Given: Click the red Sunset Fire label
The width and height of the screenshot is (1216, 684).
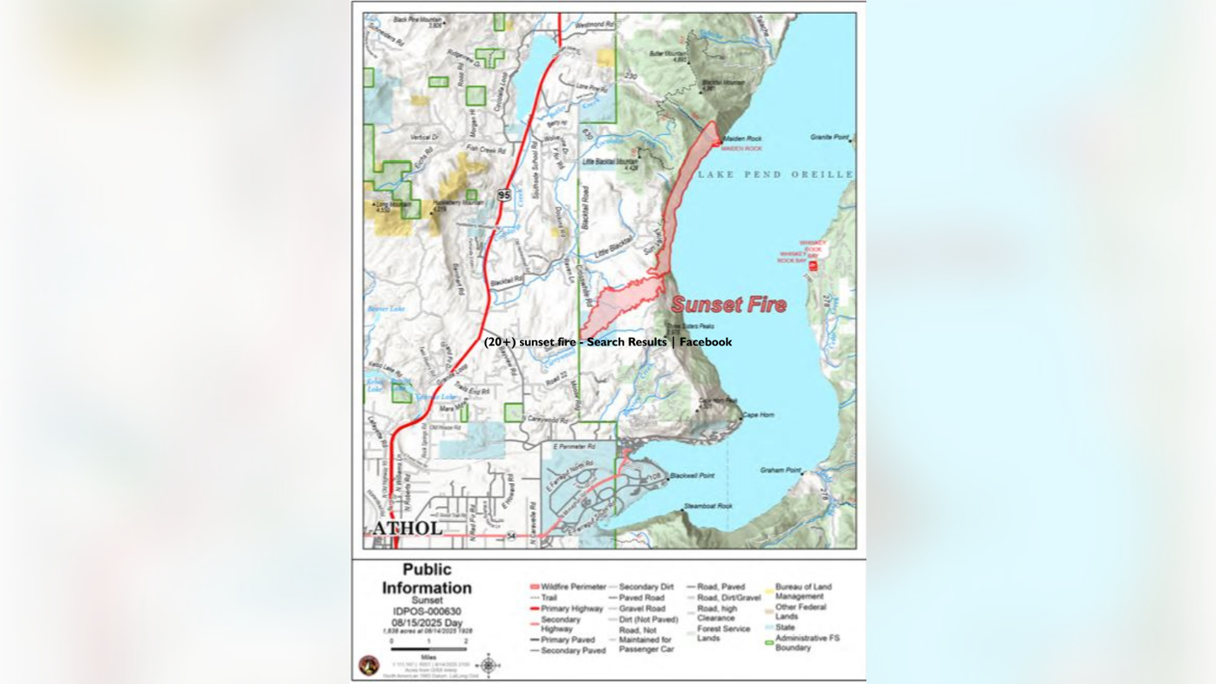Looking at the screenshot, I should coord(729,304).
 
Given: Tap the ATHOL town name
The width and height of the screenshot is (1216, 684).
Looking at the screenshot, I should coord(408,528).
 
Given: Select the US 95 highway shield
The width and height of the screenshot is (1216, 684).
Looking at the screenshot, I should coord(505,196).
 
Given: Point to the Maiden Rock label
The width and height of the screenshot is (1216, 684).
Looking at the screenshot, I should coord(742,139).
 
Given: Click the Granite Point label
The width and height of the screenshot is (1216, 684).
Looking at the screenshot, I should coord(829,137).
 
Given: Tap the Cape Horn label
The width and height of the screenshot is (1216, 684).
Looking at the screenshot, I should coord(758,415).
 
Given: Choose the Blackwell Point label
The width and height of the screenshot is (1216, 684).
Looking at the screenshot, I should coord(692,475).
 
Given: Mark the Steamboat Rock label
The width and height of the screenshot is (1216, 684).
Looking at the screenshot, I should coord(708,506).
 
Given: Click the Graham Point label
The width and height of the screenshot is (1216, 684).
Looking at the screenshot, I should coord(781,470).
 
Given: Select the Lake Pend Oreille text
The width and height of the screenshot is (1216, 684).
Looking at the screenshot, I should coord(775,174).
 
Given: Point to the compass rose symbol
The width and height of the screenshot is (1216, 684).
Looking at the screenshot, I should coord(488,664).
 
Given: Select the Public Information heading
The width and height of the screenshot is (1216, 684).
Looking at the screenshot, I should coord(427,579).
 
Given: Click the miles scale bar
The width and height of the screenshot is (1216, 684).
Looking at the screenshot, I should coord(428,649).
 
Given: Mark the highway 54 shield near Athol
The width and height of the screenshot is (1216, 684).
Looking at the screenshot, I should coord(511,535).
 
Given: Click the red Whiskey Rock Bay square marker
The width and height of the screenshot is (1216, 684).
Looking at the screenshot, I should coord(812,266).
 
